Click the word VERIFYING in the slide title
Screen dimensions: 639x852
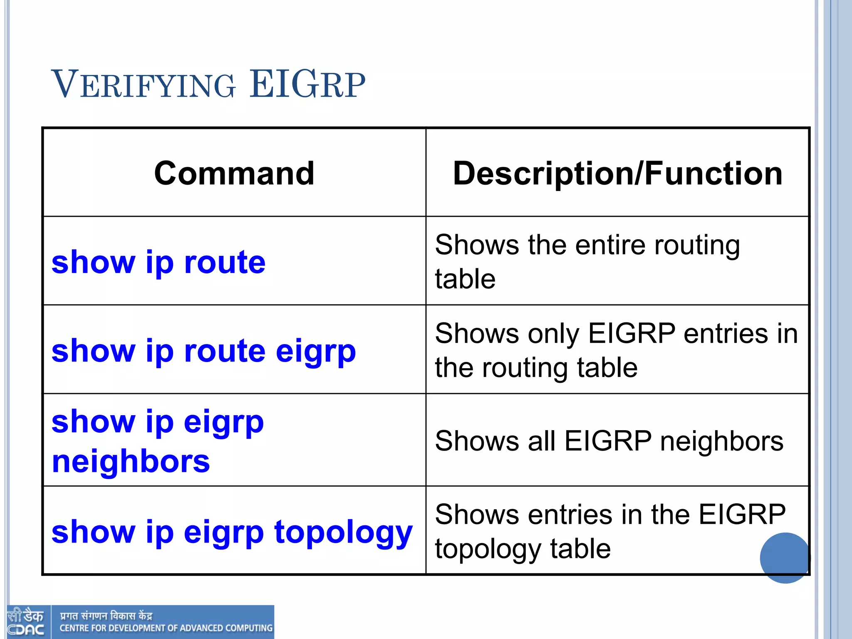point(144,85)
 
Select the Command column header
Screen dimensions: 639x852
point(234,173)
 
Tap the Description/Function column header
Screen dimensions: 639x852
point(618,173)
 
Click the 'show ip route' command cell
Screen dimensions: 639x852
point(159,263)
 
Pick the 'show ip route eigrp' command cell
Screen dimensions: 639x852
point(203,351)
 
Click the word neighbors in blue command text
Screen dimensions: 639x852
point(131,461)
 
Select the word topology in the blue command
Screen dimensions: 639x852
point(343,532)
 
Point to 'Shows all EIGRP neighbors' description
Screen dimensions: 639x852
point(609,441)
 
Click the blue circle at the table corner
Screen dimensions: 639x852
point(785,558)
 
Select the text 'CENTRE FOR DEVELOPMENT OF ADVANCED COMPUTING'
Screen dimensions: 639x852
point(166,628)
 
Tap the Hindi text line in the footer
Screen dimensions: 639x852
point(106,616)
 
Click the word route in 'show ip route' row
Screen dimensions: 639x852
point(225,263)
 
